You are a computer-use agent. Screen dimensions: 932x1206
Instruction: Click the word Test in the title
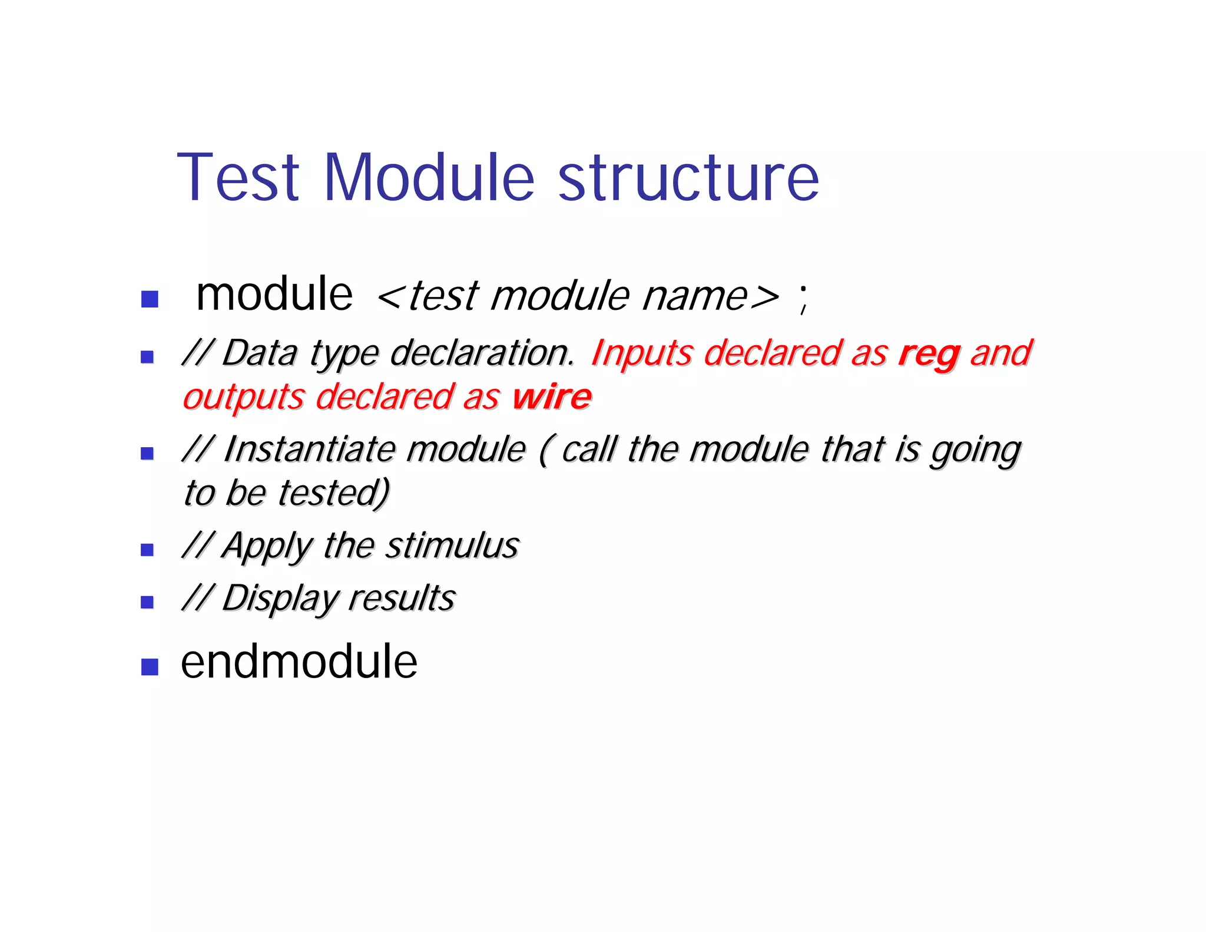coord(238,177)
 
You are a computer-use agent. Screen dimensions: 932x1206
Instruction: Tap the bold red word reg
coord(929,354)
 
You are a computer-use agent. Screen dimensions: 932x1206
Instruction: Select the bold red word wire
coord(552,397)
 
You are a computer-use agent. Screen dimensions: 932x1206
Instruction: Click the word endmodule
coord(299,662)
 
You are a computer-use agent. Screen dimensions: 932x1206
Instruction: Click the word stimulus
coord(452,546)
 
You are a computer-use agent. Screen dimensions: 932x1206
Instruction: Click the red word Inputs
coord(642,354)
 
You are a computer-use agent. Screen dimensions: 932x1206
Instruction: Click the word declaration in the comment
coord(481,354)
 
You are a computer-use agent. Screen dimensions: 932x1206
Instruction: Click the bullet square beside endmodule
coord(150,666)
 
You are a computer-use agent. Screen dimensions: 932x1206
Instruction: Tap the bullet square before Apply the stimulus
coord(147,550)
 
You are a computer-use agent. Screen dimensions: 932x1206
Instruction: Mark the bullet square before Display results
coord(147,601)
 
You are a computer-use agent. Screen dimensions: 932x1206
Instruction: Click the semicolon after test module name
coord(803,298)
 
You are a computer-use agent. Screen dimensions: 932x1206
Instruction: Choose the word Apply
coord(267,546)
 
